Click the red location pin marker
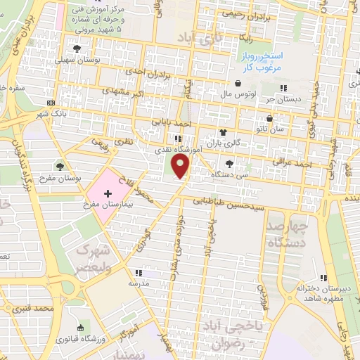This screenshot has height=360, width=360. coord(181,167)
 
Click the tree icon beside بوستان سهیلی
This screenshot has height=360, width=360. coord(77,49)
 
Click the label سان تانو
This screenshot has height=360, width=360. coord(270,130)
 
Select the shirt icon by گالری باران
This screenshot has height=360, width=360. coord(223,132)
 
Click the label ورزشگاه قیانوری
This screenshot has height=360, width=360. coord(82,340)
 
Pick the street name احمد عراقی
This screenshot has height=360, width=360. coord(292,165)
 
